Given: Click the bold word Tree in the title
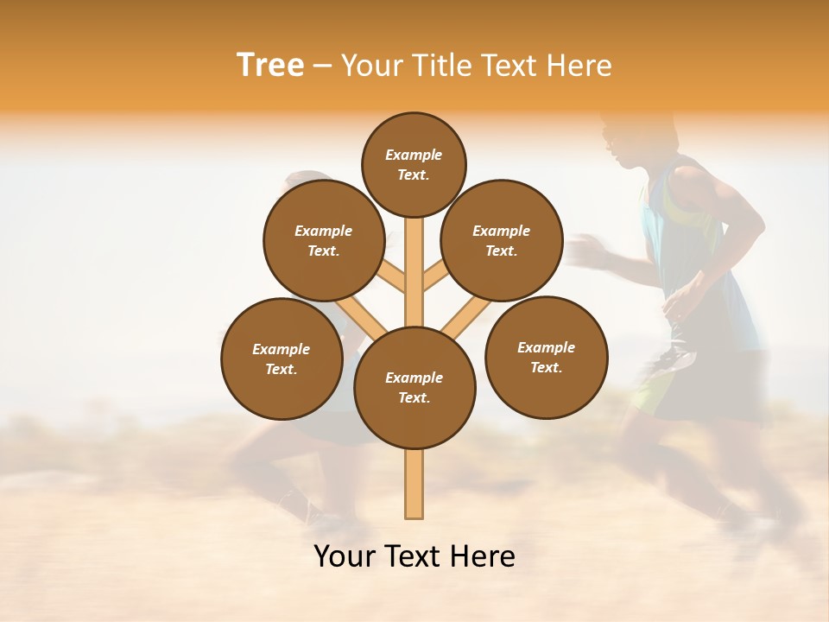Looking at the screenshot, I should click(270, 66).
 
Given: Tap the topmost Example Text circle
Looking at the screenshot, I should click(414, 164).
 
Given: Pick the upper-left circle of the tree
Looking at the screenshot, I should click(324, 240).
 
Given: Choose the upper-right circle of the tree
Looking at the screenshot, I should click(502, 240).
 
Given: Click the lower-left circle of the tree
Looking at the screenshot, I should click(282, 359).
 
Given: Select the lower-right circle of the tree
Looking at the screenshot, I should click(547, 357).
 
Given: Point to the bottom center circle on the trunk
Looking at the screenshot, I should click(414, 387).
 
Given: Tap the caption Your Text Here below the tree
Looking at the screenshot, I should click(414, 556).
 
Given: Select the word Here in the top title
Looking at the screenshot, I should click(580, 66).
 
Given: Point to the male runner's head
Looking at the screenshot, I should click(626, 143).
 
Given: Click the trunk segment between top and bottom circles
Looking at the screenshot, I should click(414, 268).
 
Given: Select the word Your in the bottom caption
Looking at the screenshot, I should click(345, 556).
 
